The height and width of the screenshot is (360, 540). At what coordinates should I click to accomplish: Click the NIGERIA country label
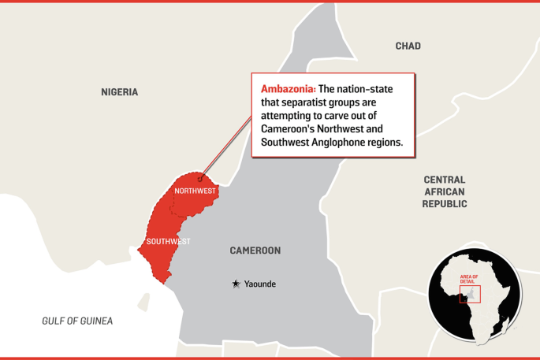click(119, 92)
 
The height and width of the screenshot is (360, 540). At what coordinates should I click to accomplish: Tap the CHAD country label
click(408, 46)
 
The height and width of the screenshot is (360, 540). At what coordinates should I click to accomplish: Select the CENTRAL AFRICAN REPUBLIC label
click(444, 191)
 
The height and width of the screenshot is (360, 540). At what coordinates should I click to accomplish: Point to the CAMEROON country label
click(255, 251)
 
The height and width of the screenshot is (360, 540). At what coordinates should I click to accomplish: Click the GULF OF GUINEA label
click(77, 321)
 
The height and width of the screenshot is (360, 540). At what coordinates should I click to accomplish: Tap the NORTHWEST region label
click(195, 191)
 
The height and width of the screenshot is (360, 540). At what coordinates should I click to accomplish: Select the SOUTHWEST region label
click(168, 241)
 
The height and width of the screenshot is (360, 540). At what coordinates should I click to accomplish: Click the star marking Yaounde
click(236, 284)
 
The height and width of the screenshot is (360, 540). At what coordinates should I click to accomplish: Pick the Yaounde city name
click(260, 284)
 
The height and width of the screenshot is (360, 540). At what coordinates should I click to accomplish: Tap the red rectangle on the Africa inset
click(470, 293)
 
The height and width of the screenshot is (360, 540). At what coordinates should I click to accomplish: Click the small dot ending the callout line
click(200, 178)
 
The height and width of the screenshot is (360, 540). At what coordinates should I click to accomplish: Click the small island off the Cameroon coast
click(144, 300)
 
